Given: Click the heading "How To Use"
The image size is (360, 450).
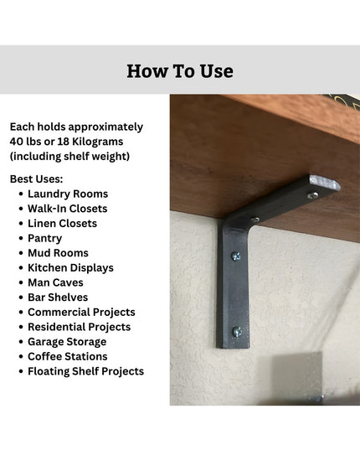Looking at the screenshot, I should point(179,70).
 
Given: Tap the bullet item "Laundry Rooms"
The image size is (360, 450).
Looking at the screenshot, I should point(68,194).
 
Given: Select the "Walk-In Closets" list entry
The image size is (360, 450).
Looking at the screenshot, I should point(68,209).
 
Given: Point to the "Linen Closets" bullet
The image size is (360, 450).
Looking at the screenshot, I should point(62,224).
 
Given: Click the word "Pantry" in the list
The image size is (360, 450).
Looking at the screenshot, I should point(44,238).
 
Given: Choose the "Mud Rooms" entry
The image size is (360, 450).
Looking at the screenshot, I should point(58,253).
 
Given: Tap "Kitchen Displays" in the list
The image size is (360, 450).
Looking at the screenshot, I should point(70,268).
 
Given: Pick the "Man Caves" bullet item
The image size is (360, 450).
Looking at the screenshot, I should point(56,282).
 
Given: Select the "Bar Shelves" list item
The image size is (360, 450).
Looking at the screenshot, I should point(58,297).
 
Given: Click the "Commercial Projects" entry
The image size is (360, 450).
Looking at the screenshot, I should point(81,313).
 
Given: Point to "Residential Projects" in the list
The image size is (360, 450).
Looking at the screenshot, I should point(79,327).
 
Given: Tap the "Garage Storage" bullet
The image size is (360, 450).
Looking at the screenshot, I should point(67,342).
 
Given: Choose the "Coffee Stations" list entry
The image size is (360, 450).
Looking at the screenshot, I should point(69,356).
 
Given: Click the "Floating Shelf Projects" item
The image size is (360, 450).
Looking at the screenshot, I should point(85,371).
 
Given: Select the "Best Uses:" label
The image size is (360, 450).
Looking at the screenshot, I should point(36,178).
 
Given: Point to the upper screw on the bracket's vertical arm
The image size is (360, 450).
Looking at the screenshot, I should point(235,256).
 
